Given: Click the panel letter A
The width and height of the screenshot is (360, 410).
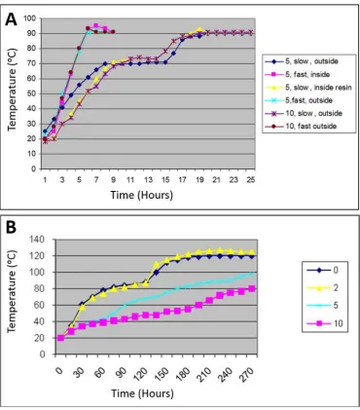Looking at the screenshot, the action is tap(11, 19).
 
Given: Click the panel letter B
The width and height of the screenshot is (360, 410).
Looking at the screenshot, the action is tap(11, 228).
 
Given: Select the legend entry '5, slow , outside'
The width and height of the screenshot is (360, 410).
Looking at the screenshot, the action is tap(302, 61).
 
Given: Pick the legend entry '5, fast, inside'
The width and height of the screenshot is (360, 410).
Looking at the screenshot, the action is tap(298, 74).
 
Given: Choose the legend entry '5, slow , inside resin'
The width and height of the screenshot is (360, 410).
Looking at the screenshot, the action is tap(308, 88).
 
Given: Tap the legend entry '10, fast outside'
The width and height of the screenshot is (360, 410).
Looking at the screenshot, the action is tap(301, 126).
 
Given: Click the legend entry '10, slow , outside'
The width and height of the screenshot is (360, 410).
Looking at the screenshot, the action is tap(304, 113).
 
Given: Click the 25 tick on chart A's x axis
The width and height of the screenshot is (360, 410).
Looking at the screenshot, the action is tap(251, 179).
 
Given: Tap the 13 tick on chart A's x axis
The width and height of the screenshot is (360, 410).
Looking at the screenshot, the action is tap(148, 179).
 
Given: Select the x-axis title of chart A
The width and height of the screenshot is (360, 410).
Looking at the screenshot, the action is tap(142, 195).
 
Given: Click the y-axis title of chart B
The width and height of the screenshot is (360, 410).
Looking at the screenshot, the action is tap(12, 291).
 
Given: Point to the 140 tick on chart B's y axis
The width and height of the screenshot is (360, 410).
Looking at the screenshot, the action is tap(37, 240).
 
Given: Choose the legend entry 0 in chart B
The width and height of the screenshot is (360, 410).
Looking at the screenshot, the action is tap(323, 270).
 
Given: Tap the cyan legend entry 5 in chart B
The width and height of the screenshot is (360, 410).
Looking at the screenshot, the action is tap(323, 306).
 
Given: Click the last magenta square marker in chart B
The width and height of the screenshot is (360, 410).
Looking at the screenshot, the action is tap(252, 289).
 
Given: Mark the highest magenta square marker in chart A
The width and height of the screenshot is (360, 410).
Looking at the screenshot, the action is tap(96, 25).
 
